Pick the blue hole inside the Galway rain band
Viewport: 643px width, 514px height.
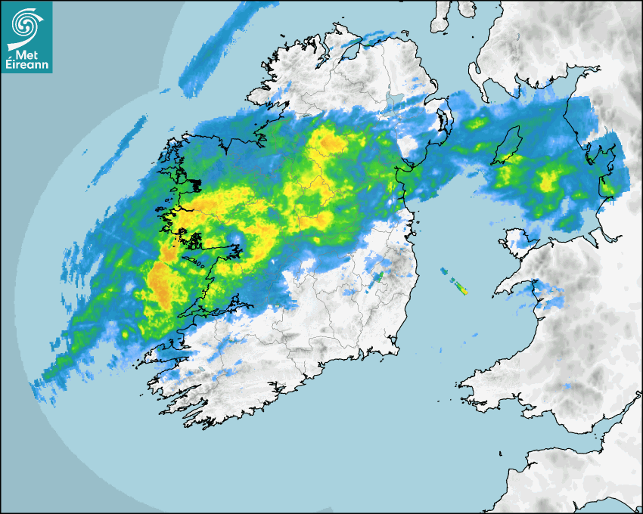tap(235, 240)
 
